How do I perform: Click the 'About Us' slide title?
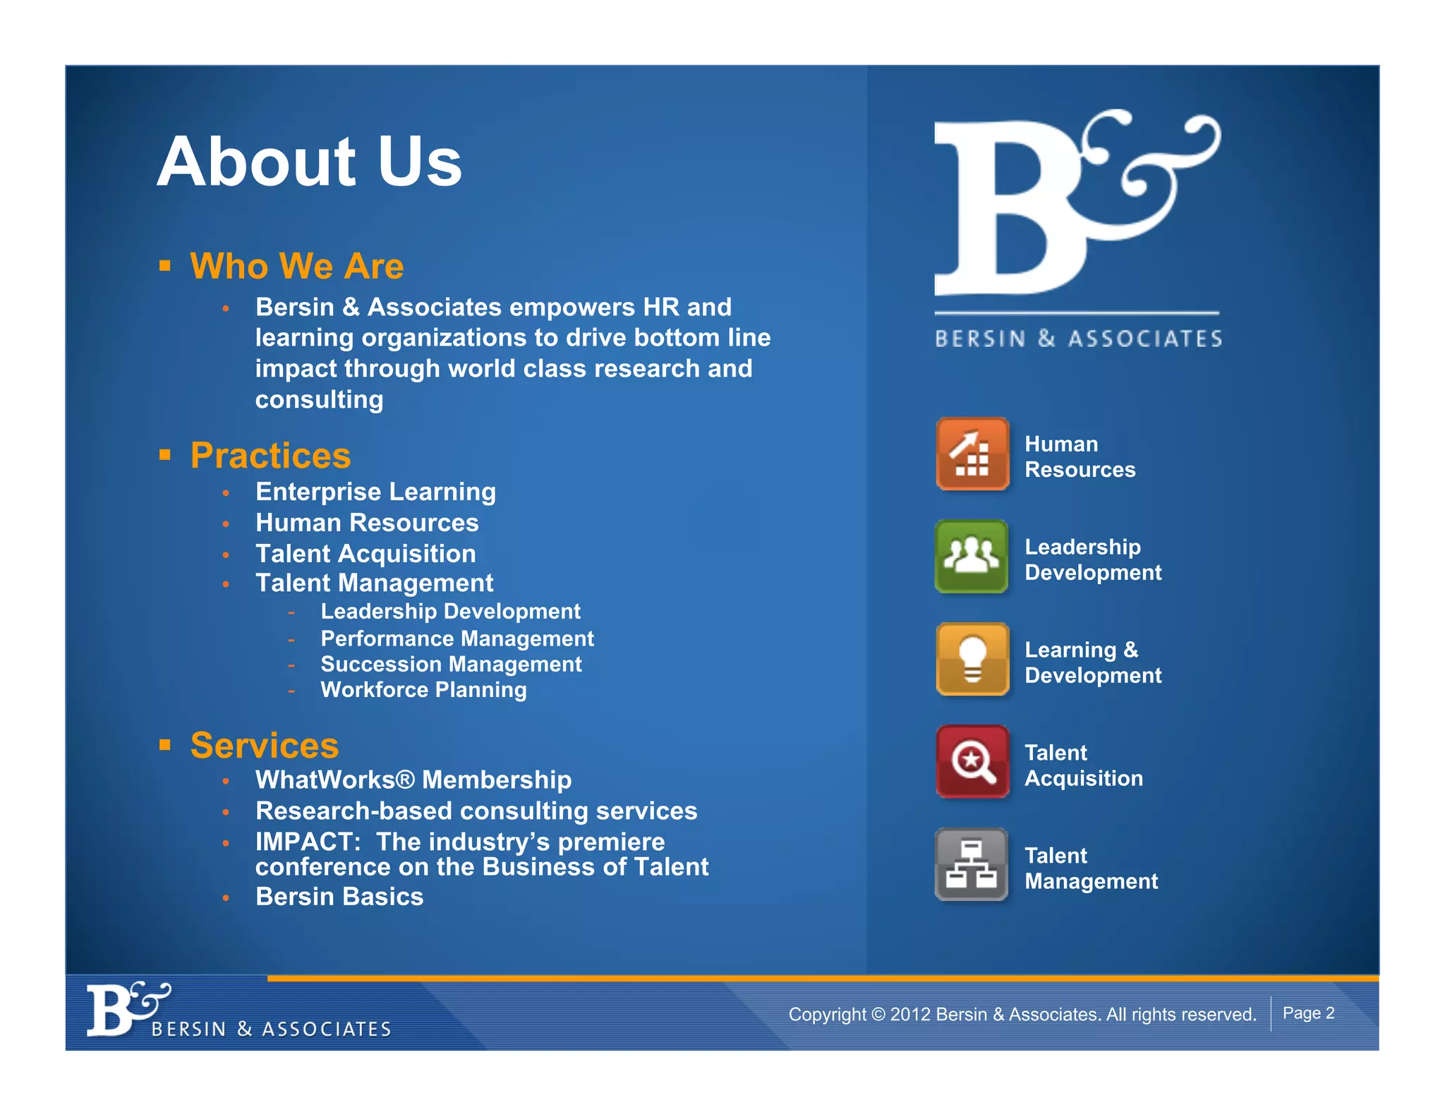[309, 162]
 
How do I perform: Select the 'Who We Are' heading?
[296, 267]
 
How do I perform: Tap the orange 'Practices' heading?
[270, 456]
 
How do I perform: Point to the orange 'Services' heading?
[265, 746]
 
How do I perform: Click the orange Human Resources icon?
[972, 454]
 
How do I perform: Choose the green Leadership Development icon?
[972, 557]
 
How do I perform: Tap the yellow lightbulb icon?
[972, 660]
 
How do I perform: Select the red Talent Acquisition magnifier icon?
[972, 762]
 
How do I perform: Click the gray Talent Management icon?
[972, 865]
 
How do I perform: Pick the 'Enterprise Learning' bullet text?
[375, 492]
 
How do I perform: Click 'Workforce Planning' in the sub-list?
[423, 690]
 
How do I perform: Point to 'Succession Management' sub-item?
[451, 665]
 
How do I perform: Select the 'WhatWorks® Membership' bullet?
[413, 780]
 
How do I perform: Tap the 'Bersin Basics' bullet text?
[339, 897]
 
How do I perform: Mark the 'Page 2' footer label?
[1308, 1013]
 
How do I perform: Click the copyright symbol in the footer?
[878, 1014]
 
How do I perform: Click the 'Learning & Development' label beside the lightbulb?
[1092, 662]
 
